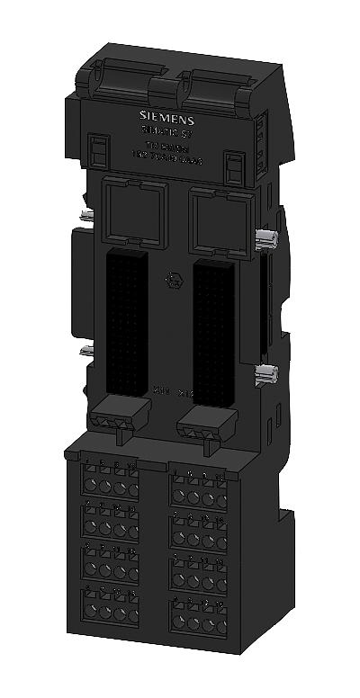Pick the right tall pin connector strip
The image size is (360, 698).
tap(213, 335)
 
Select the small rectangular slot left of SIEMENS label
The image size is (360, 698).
tap(97, 148)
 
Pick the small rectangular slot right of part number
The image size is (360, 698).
tap(234, 166)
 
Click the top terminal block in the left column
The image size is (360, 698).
tap(110, 479)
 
